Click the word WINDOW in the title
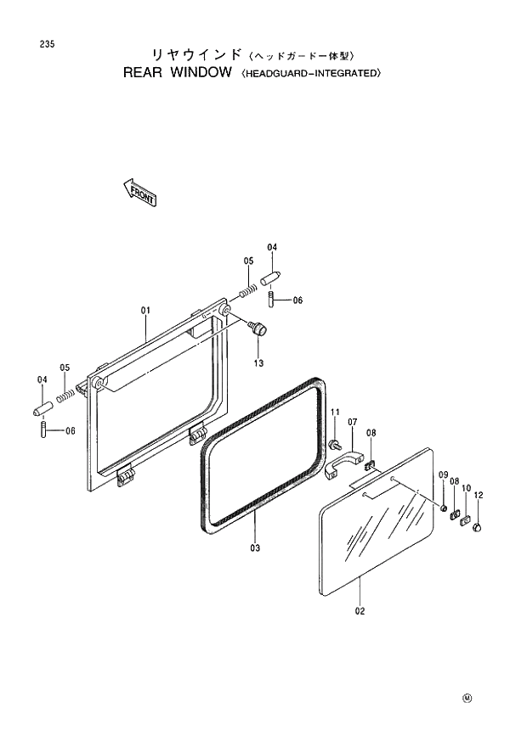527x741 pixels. (201, 73)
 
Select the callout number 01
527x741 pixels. (144, 312)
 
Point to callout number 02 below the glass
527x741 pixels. (360, 611)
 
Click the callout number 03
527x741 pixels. (255, 547)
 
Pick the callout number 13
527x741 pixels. (258, 363)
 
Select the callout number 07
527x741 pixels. (352, 421)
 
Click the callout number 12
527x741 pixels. (479, 495)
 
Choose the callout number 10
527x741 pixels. (466, 488)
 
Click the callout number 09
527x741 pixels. (443, 474)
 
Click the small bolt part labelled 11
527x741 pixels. (334, 443)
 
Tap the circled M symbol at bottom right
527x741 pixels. (466, 699)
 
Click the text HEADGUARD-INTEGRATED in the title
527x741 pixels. (311, 74)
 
